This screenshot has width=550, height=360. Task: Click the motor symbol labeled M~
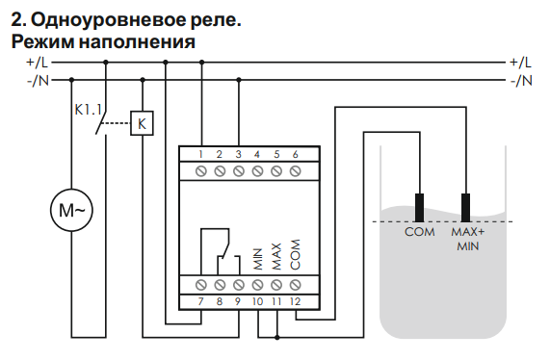click(71, 211)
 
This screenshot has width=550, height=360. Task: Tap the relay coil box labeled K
click(142, 123)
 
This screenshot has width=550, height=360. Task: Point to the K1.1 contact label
click(88, 110)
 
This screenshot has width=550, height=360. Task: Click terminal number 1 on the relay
click(201, 154)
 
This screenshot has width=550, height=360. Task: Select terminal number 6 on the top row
click(296, 154)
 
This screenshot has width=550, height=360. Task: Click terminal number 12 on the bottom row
click(296, 301)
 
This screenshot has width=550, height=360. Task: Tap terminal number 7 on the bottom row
click(200, 301)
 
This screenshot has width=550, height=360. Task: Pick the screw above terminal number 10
click(258, 285)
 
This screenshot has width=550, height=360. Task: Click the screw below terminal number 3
click(239, 171)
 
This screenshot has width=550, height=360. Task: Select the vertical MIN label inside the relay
click(258, 259)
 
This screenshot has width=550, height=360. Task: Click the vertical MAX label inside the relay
click(276, 257)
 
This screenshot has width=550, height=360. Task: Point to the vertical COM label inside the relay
click(296, 255)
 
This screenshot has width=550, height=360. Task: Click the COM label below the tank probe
click(420, 232)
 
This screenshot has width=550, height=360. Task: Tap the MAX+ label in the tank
click(468, 232)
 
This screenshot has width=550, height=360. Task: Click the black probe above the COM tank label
click(420, 208)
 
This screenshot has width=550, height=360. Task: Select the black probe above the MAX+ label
click(466, 208)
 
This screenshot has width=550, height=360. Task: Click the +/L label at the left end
click(38, 63)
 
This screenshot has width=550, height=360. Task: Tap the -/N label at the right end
click(522, 81)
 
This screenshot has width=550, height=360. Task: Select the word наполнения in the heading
click(137, 41)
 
